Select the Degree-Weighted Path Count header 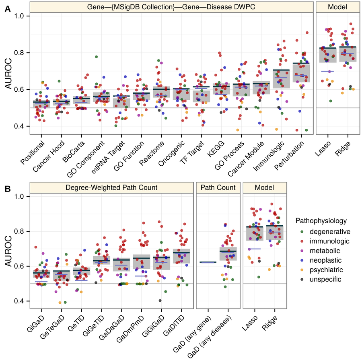(111, 187)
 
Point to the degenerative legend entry (326, 231)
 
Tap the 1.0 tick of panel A (20, 16)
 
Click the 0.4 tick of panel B (20, 301)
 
